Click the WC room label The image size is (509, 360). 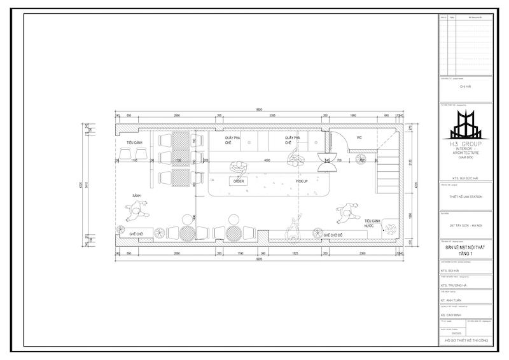click(x=359, y=137)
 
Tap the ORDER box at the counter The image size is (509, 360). click(x=239, y=181)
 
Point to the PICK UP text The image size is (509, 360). click(x=302, y=181)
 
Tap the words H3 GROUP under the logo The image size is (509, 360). click(x=466, y=145)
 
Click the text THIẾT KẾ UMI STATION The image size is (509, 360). click(x=466, y=197)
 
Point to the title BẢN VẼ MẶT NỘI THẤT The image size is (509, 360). click(x=466, y=249)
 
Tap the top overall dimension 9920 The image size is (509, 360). click(x=260, y=109)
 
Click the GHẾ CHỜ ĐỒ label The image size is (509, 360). click(x=335, y=235)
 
